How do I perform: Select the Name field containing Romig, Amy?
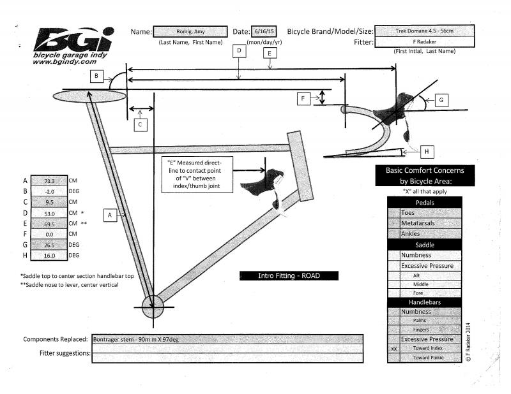click(x=190, y=32)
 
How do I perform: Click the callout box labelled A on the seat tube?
click(x=110, y=215)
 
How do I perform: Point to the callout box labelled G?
click(x=442, y=100)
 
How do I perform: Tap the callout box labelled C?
click(x=142, y=125)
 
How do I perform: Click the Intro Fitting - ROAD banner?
click(x=289, y=276)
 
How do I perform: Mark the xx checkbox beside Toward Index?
click(x=394, y=349)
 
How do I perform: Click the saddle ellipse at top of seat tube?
click(x=88, y=95)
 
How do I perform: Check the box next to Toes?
click(x=394, y=212)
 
